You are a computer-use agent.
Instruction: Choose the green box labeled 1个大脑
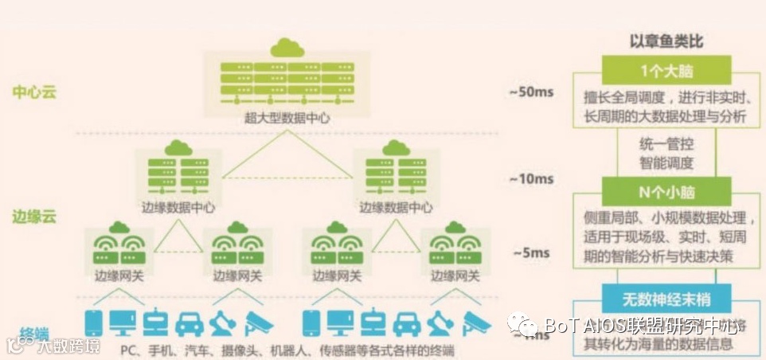click(667, 71)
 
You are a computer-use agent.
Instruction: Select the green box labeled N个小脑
click(667, 191)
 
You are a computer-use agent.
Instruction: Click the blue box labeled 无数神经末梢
click(667, 299)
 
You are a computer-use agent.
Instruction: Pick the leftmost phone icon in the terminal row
click(94, 323)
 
